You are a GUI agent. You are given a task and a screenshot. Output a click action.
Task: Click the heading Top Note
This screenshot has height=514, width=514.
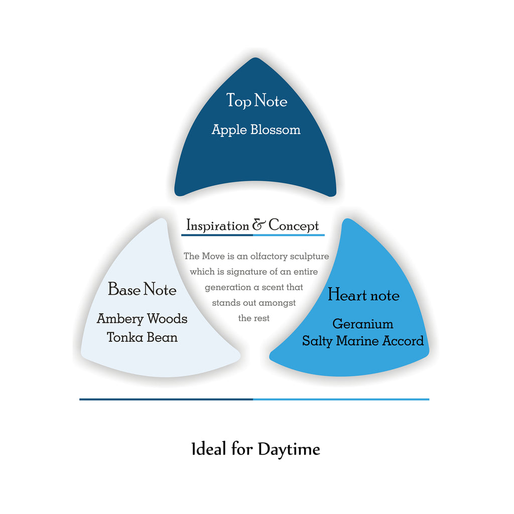click(256, 101)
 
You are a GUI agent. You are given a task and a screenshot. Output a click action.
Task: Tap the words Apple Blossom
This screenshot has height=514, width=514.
click(256, 130)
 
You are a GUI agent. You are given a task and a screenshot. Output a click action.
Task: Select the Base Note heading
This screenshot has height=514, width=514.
click(142, 290)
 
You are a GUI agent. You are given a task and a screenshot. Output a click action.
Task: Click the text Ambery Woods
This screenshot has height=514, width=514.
click(142, 319)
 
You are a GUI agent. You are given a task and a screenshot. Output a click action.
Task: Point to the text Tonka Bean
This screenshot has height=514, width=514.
click(142, 337)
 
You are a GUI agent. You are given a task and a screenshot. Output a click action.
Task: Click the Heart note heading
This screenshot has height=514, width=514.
click(363, 295)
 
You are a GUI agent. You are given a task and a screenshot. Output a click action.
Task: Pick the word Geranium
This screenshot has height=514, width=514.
click(363, 324)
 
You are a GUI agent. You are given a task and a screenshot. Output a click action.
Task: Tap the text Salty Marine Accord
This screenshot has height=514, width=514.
click(363, 341)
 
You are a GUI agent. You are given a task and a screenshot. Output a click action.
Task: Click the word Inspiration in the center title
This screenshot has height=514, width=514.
click(217, 226)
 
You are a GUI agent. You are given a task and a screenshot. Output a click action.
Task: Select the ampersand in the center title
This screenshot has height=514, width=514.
click(259, 225)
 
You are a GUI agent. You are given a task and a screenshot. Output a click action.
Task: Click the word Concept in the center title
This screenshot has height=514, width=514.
click(294, 226)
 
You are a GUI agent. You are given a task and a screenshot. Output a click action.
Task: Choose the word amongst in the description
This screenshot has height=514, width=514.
click(277, 303)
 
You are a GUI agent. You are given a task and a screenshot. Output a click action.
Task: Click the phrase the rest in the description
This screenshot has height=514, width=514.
click(253, 318)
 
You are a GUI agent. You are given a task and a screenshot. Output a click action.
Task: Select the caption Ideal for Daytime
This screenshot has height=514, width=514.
click(255, 449)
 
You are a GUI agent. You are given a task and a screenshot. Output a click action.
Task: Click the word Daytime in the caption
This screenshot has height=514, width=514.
click(289, 449)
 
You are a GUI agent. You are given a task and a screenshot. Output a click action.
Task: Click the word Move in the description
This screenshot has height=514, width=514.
click(213, 256)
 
